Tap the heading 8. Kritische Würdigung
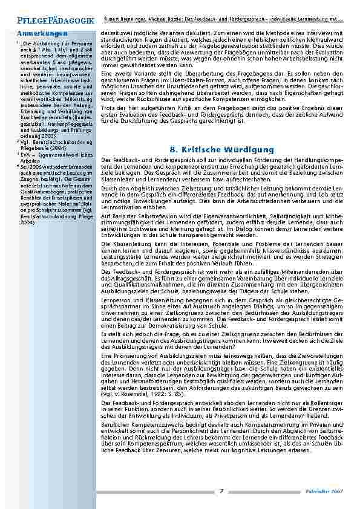click(221, 149)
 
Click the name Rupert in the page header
click(113, 5)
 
